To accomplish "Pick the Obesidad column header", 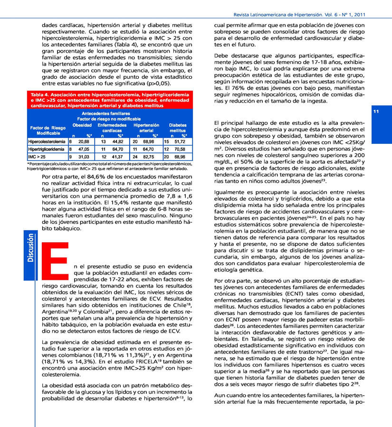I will tap(82, 125).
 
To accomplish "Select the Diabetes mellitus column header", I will tap(178, 128).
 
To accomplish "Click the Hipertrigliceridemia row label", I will tap(46, 149).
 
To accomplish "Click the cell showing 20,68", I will tap(84, 141).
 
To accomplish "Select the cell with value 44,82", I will tap(118, 141).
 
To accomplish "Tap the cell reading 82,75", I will tap(151, 156).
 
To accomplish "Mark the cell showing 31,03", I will tap(84, 156).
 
